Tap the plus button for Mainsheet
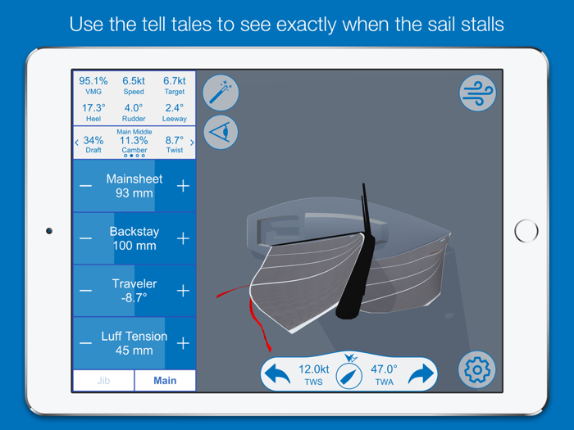click(182, 186)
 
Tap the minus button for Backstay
click(86, 238)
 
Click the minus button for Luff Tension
click(86, 343)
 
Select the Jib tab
click(103, 381)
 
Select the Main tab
click(165, 381)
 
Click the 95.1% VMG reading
click(93, 86)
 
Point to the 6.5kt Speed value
click(134, 86)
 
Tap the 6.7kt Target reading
click(175, 86)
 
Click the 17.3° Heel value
click(93, 113)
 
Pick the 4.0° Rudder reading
click(134, 113)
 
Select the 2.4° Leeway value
click(175, 113)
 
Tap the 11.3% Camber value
click(134, 141)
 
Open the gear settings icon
click(477, 370)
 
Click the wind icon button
click(477, 93)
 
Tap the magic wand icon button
click(220, 93)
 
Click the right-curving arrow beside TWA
click(420, 374)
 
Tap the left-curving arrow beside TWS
click(278, 374)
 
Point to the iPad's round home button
click(526, 231)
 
